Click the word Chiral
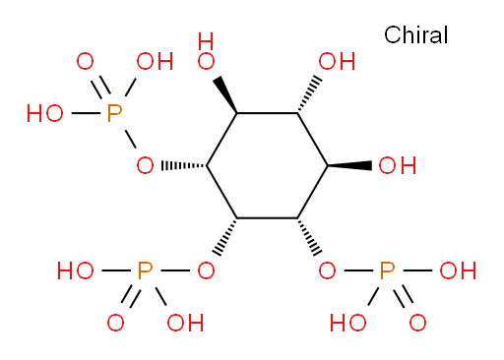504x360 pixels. pos(415,34)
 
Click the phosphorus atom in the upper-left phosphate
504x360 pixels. pos(114,113)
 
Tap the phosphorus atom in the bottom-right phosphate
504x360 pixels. pos(387,270)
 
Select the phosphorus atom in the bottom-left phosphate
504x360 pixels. pos(145,270)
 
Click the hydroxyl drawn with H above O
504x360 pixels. pos(206,51)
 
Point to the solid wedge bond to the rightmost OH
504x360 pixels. pos(349,165)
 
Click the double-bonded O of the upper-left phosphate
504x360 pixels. pos(85,61)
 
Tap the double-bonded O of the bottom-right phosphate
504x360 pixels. pos(417,323)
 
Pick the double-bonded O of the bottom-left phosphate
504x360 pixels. pos(115,323)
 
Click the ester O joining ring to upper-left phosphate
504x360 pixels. pos(145,165)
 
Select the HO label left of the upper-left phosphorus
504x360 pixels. pos(45,113)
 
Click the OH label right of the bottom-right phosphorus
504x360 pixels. pos(458,270)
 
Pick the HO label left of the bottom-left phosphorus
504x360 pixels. pos(75,270)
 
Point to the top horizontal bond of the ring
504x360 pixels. pos(267,113)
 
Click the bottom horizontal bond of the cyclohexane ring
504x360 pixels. pos(267,218)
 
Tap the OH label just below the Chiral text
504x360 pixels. pos(337,61)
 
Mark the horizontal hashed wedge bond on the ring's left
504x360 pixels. pos(184,165)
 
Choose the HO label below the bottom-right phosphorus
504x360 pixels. pos(347,323)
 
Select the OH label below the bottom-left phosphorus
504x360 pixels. pos(185,323)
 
